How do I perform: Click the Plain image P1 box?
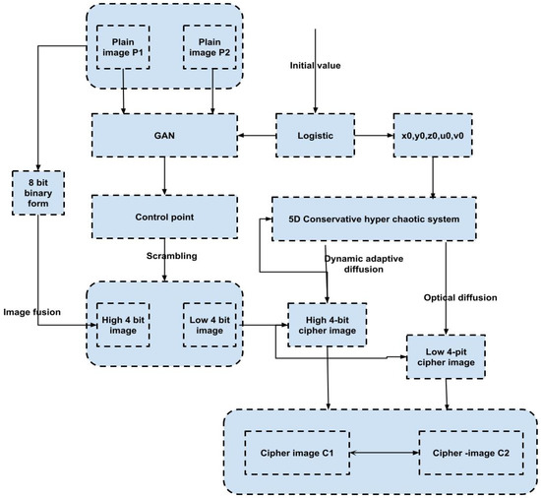click(x=123, y=45)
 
